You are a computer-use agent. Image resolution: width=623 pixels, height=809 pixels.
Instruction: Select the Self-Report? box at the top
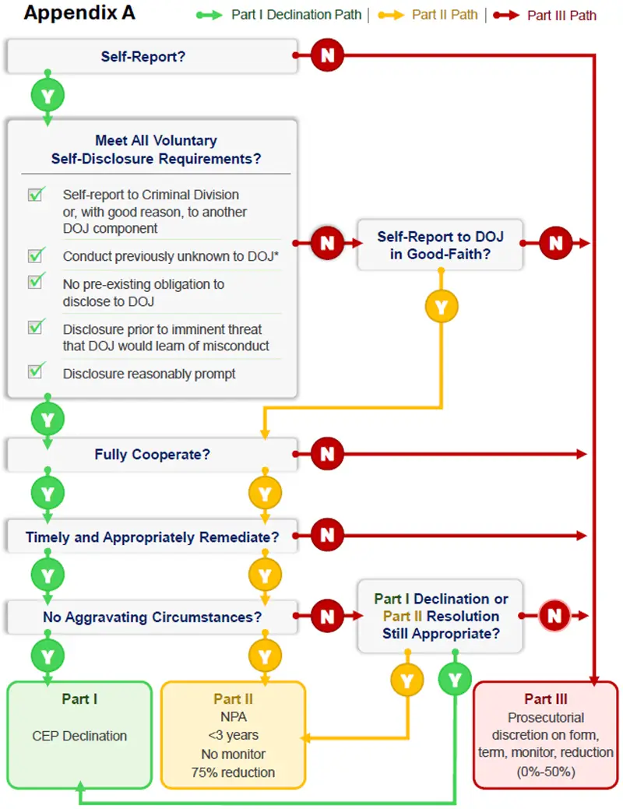(152, 56)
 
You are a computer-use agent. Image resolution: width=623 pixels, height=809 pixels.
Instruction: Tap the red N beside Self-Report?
(327, 55)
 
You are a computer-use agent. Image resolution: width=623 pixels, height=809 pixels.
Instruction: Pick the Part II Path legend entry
(444, 15)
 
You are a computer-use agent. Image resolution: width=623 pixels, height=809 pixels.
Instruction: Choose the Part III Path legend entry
(561, 15)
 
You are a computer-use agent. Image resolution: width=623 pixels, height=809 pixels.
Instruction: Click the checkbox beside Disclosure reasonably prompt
(36, 371)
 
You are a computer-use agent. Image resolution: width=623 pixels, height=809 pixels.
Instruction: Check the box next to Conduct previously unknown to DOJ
(36, 255)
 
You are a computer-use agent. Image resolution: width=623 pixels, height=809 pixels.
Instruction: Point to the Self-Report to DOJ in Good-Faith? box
(440, 244)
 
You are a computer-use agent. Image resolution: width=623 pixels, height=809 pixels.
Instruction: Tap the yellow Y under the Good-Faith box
(442, 307)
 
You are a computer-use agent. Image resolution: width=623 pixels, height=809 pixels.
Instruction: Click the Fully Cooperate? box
(152, 454)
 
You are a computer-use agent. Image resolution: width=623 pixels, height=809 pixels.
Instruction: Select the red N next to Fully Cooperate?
(327, 454)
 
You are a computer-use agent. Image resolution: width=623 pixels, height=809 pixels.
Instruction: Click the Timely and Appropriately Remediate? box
(152, 536)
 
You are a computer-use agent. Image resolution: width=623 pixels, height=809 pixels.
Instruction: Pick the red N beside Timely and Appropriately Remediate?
(327, 536)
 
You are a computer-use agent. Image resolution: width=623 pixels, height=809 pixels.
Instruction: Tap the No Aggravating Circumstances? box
(152, 617)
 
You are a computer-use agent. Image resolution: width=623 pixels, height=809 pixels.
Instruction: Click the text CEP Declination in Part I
(79, 735)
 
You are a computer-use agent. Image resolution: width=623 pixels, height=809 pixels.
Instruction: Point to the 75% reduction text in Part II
(233, 772)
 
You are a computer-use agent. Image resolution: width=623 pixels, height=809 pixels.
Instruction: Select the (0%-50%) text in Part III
(545, 771)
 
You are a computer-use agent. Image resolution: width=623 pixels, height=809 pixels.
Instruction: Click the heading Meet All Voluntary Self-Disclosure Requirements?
(156, 150)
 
